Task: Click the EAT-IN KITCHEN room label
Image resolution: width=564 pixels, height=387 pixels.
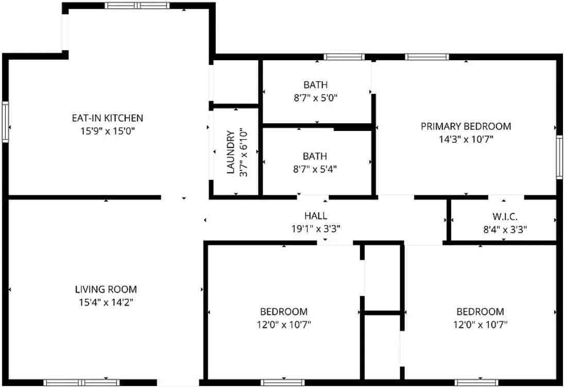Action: pos(107,118)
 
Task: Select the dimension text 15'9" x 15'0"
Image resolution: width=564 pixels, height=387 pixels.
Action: pos(107,131)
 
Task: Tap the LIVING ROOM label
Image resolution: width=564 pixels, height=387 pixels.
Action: pos(106,290)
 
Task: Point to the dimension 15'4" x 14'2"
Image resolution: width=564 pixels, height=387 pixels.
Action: pos(106,302)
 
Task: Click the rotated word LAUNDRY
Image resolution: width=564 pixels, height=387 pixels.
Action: pos(231,153)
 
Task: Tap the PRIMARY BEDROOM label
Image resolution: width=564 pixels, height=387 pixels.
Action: pos(466,126)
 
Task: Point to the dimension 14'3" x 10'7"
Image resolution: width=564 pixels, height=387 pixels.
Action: pos(466,139)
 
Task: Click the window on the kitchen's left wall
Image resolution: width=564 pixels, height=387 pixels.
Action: pos(6,122)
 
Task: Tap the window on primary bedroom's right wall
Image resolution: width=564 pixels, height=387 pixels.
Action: pos(559,157)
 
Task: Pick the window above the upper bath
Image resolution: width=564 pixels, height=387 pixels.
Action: pos(344,57)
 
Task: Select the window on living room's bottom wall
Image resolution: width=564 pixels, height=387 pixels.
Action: pos(81,382)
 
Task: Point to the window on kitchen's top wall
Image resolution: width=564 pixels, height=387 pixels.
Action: pos(137,6)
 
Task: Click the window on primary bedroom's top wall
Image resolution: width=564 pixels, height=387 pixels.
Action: pos(427,57)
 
